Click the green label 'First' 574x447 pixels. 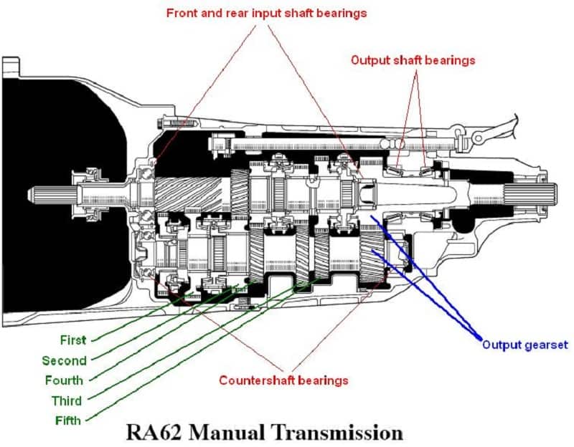(73, 340)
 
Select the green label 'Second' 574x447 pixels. (65, 360)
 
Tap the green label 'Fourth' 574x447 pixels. (63, 380)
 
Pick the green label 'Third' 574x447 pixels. (67, 400)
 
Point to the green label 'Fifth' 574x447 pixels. (68, 420)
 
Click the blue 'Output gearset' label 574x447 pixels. (524, 345)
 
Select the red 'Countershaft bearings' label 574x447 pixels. (283, 380)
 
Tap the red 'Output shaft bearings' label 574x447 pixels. (413, 60)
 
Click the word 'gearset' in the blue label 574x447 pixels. (545, 345)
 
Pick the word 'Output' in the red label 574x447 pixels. (369, 60)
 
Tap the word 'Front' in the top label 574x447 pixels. (182, 13)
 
